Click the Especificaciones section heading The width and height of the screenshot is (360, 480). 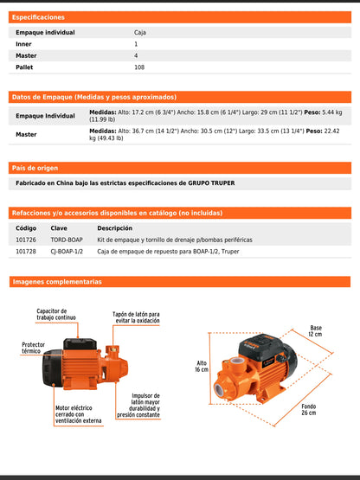[x=38, y=17]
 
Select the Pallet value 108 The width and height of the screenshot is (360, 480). [x=139, y=67]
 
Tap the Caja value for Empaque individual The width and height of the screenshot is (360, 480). [x=140, y=32]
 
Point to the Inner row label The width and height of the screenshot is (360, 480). [x=23, y=43]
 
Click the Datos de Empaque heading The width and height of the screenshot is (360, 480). [x=94, y=97]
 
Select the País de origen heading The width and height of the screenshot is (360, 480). [x=35, y=167]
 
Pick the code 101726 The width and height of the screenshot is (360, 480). [x=27, y=239]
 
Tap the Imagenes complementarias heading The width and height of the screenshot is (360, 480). [x=57, y=282]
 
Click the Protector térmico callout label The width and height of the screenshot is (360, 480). [x=33, y=348]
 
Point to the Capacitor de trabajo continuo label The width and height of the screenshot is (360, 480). [x=55, y=314]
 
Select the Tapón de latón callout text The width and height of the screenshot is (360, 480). [x=136, y=317]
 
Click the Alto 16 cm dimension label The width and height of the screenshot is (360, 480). [x=202, y=366]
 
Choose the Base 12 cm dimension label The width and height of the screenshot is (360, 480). [x=316, y=331]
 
